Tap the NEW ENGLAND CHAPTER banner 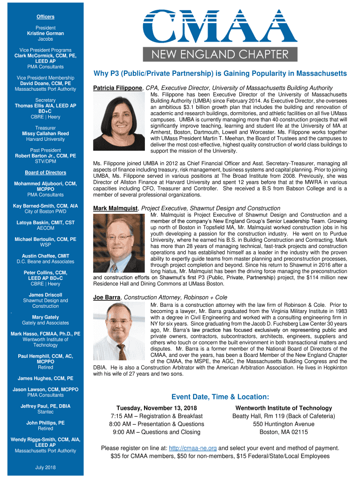click(x=220, y=54)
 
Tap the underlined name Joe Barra click(x=107, y=297)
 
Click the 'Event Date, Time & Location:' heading click(x=220, y=397)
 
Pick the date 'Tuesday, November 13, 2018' click(x=157, y=408)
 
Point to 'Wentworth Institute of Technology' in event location click(x=283, y=408)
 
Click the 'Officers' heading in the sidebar click(x=45, y=17)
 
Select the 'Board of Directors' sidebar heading click(x=45, y=173)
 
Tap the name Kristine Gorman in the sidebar click(x=45, y=34)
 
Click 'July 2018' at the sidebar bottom click(x=45, y=467)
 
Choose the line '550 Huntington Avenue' click(x=283, y=424)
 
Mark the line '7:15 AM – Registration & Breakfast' click(x=157, y=416)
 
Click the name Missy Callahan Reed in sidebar click(x=45, y=133)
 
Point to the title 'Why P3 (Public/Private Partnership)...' click(x=220, y=73)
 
